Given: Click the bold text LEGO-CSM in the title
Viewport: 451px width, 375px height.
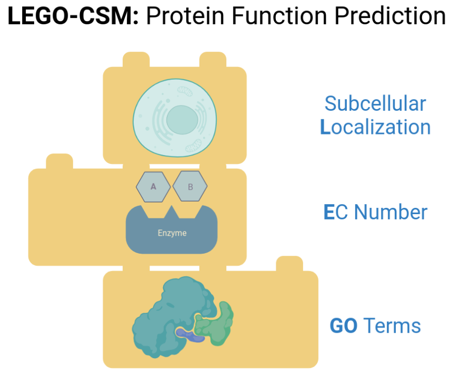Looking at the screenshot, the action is [73, 16].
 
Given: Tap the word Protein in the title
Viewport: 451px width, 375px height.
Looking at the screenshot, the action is [185, 16].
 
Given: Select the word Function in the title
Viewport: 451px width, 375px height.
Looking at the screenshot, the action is [279, 16].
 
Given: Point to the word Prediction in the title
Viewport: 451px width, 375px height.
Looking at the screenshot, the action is [390, 16].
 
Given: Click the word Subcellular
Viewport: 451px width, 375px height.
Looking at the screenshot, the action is [375, 103].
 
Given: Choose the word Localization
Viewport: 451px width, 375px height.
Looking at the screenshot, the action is [375, 127].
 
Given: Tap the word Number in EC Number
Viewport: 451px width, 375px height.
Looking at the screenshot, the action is [390, 212].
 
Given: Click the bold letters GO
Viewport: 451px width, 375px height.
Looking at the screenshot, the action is [344, 326].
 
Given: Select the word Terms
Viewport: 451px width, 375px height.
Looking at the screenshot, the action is [392, 326].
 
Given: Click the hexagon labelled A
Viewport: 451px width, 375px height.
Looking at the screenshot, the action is [153, 187].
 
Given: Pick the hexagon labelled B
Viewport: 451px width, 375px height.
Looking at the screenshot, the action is [190, 187].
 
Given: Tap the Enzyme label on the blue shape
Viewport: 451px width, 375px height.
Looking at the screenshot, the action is [172, 233].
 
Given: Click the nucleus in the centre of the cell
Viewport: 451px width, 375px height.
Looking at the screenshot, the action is [182, 120].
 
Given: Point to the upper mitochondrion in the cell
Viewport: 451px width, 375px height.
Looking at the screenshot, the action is [185, 91].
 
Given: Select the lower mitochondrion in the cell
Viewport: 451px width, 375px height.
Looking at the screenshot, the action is [193, 146].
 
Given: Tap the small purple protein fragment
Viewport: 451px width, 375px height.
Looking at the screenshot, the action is [189, 335].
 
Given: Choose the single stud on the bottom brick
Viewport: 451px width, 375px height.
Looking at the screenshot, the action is [289, 264].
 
